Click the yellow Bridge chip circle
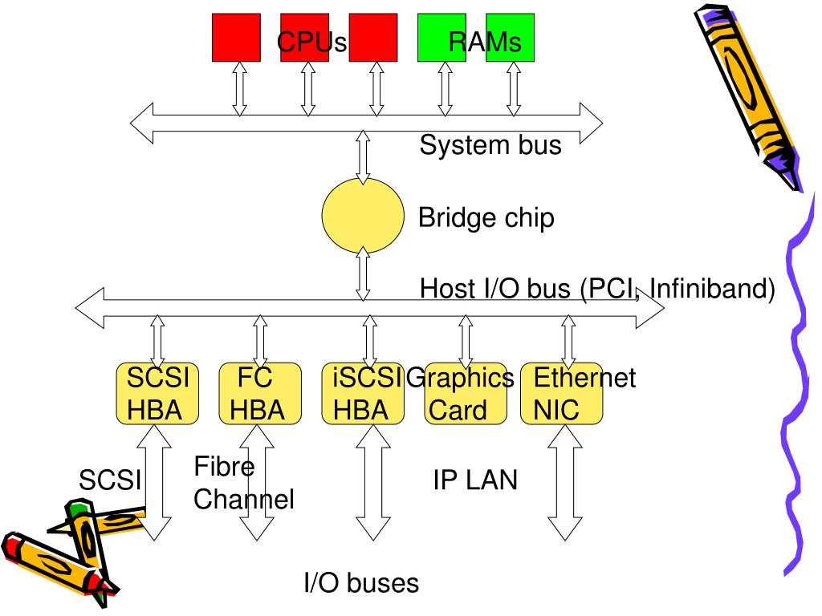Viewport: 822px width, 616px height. [x=363, y=215]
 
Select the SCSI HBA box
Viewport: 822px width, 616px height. [x=157, y=393]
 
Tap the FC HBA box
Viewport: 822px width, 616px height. [x=260, y=393]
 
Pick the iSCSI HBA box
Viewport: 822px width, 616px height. [x=363, y=393]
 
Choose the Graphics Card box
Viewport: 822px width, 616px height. [x=466, y=393]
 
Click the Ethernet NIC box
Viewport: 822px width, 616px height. [x=561, y=393]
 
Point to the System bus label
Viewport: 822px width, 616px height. [x=490, y=144]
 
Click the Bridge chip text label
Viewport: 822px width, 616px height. [x=486, y=218]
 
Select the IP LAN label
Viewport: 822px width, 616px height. [x=475, y=480]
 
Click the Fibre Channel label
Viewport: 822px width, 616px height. [x=244, y=482]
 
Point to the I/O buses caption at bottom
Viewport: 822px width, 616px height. [x=362, y=583]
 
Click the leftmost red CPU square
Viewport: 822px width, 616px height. [x=237, y=38]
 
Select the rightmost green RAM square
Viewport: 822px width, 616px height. [x=510, y=38]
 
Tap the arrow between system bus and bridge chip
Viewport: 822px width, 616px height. [x=363, y=157]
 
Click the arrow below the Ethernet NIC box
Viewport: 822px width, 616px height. [x=564, y=482]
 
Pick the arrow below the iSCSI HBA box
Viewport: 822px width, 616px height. [x=372, y=482]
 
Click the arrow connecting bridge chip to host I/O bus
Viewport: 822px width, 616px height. [x=363, y=274]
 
